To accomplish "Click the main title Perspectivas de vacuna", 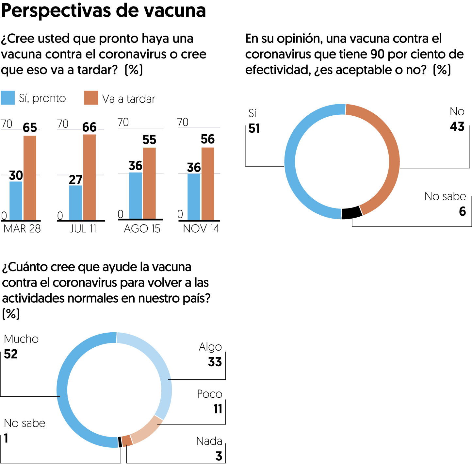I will [104, 10].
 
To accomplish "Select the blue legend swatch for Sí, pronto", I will [8, 98].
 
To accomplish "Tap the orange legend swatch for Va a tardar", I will [91, 98].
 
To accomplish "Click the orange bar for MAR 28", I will [30, 178].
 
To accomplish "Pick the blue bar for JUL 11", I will [75, 203].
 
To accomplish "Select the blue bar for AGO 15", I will [136, 196].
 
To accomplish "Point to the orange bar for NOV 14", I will [208, 184].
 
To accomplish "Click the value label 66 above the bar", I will [89, 127].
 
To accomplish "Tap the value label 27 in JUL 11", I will [75, 180].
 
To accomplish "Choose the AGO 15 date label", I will [142, 229].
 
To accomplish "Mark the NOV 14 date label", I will [201, 229].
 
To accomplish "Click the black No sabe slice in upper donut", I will [352, 213].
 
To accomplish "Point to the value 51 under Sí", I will [254, 128].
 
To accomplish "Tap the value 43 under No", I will [457, 127].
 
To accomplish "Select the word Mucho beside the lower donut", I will [21, 339].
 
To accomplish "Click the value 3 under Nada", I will [219, 456].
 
